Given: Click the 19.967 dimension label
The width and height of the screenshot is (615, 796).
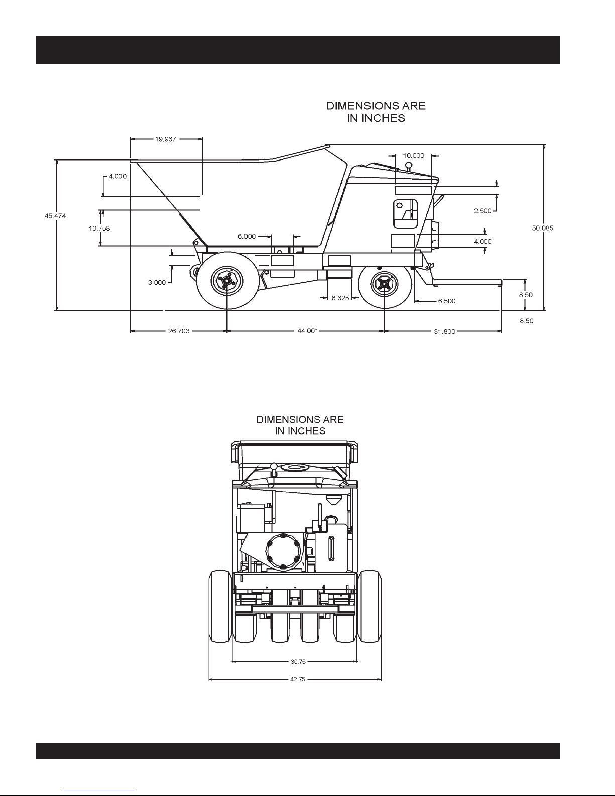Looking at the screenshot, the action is click(x=166, y=139).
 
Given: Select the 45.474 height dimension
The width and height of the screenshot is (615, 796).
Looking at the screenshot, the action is click(x=55, y=216).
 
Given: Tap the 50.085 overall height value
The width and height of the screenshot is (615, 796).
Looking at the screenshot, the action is click(x=543, y=228).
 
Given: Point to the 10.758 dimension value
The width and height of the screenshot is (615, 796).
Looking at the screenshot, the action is click(x=99, y=228).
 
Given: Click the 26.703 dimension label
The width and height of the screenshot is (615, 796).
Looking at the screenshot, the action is click(x=179, y=331).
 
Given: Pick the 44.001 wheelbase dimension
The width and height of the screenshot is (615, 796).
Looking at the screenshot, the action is click(x=307, y=331).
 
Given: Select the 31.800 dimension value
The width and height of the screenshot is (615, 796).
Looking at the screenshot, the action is click(x=444, y=332).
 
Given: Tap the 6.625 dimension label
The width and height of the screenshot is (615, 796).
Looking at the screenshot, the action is click(x=340, y=298).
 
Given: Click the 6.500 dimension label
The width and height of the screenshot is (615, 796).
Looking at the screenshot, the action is click(x=447, y=301).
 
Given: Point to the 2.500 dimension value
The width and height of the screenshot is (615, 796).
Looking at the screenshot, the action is click(x=483, y=211).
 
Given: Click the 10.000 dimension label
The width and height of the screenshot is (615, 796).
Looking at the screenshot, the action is click(x=414, y=155).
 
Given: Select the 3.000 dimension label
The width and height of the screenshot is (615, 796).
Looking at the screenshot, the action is click(x=157, y=282).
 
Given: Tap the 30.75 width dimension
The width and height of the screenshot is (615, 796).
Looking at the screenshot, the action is click(x=298, y=662).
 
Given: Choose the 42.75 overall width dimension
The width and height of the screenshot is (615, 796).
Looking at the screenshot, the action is click(x=298, y=679).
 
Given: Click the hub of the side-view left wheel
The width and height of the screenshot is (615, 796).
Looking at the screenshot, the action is click(x=227, y=281).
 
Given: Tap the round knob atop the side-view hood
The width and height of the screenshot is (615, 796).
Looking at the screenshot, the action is click(x=409, y=165).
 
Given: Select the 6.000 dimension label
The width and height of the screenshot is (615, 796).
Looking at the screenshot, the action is click(x=247, y=236).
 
